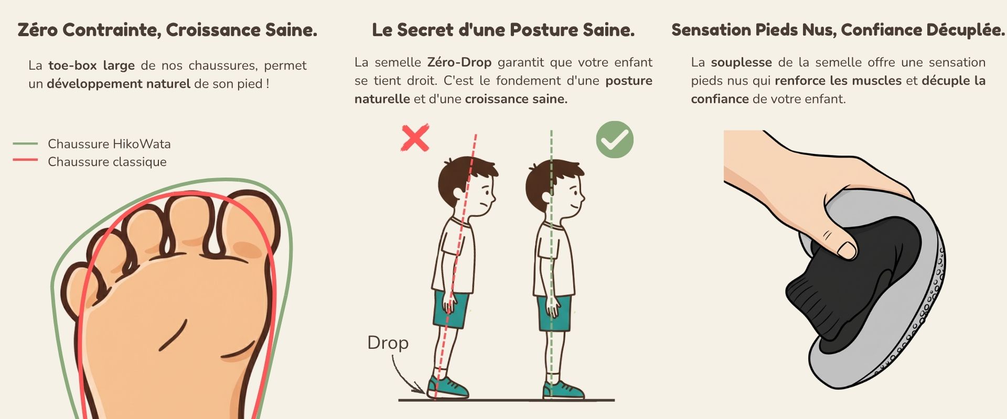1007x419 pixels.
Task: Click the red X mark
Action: click(415, 138)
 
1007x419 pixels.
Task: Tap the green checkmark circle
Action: click(615, 139)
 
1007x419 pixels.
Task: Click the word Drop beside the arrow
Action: click(388, 343)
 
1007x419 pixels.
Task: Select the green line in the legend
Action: click(25, 143)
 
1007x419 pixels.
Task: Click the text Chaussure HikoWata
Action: click(109, 144)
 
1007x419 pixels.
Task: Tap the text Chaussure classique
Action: click(107, 162)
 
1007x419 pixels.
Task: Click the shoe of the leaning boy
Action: click(447, 388)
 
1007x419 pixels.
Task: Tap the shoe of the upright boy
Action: click(563, 390)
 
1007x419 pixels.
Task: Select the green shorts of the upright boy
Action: click(554, 313)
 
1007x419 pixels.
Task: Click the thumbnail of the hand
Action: click(848, 249)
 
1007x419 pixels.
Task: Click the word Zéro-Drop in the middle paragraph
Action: click(459, 62)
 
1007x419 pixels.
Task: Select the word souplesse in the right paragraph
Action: click(741, 63)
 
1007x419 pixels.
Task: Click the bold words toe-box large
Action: click(92, 65)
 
